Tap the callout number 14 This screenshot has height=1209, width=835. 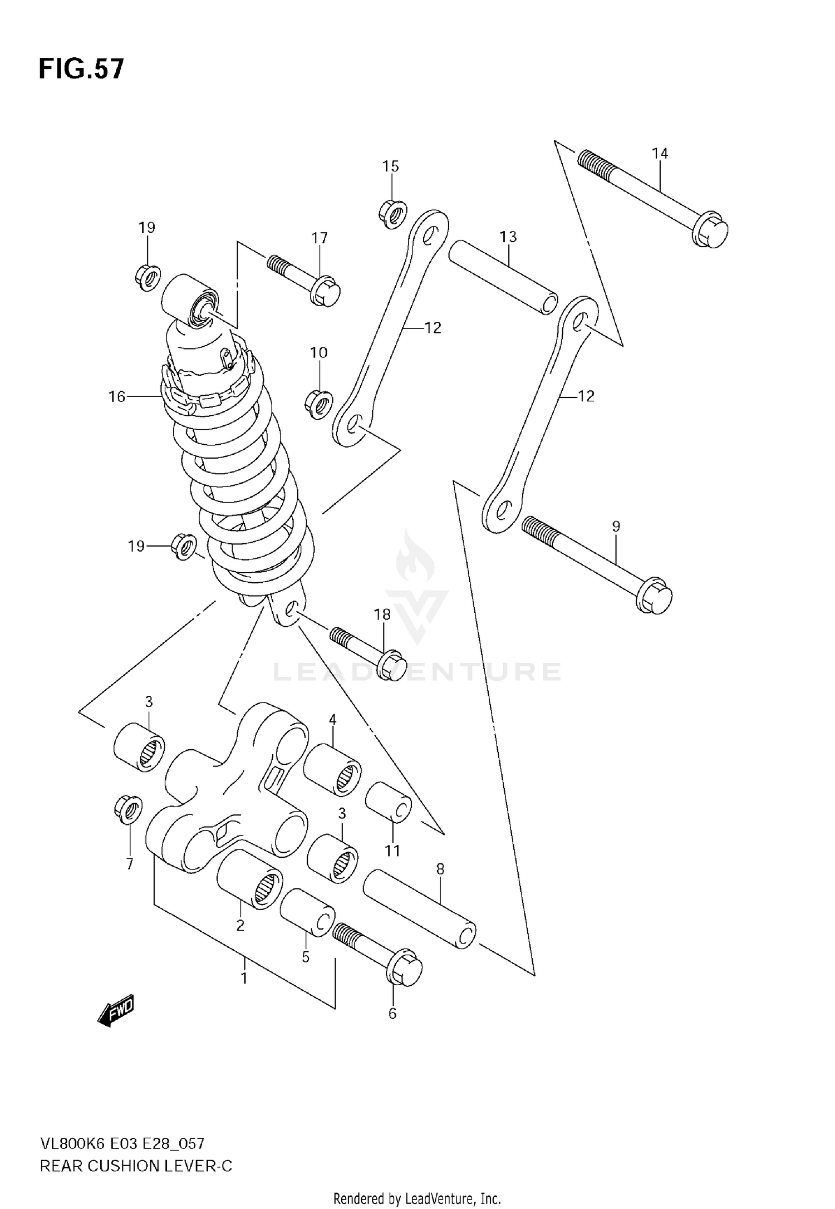[660, 153]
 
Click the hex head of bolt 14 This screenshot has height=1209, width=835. [711, 229]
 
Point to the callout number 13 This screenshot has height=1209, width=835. [508, 237]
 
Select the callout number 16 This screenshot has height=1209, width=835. [117, 396]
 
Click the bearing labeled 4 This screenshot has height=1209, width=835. [332, 770]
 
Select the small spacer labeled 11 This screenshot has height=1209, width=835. [389, 802]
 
